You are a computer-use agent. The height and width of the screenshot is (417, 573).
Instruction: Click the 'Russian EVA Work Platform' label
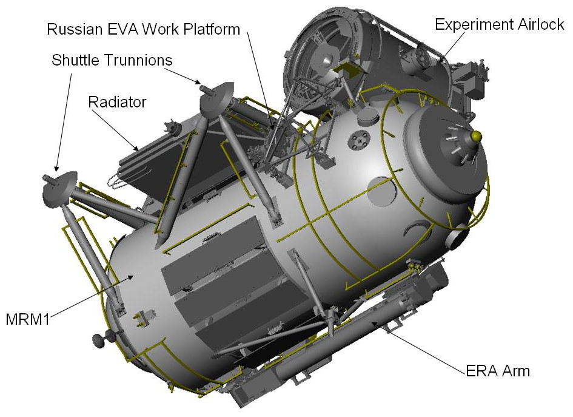point(144,29)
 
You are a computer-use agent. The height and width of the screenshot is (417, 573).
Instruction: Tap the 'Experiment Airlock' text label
point(500,24)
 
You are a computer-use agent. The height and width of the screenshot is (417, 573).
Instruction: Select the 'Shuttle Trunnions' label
point(112,59)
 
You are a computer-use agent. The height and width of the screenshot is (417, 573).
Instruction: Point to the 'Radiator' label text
point(117,102)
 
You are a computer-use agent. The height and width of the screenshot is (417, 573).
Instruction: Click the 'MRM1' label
point(28,319)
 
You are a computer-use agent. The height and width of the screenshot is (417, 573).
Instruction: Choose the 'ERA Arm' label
point(498,371)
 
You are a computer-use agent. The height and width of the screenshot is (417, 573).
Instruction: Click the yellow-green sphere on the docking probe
point(477,137)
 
